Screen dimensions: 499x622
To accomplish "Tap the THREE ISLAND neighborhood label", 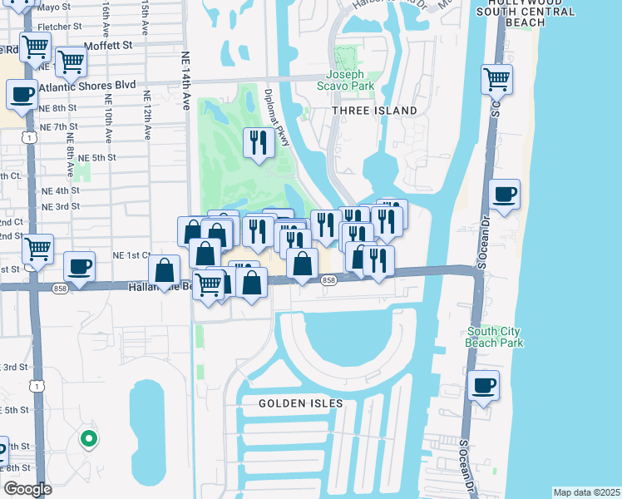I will (x=374, y=111).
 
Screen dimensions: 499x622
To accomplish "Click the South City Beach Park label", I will (x=494, y=337).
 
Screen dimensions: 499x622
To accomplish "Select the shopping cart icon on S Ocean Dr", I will (x=496, y=79).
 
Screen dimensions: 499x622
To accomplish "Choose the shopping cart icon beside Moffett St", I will (x=72, y=60).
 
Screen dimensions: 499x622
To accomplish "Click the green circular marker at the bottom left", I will (x=87, y=438).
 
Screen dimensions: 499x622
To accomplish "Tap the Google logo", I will (x=27, y=489).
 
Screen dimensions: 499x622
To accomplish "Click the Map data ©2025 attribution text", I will (x=585, y=492).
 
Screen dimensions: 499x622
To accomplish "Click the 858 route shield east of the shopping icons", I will (x=328, y=281).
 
